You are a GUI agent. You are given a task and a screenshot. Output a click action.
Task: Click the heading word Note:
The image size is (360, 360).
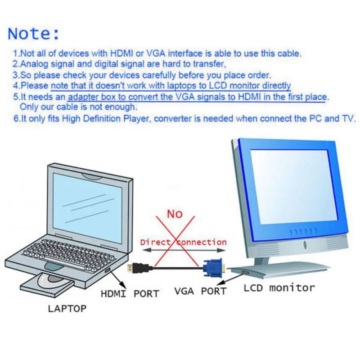tap(34, 33)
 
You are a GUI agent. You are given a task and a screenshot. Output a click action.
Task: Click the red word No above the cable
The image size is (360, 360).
tap(175, 213)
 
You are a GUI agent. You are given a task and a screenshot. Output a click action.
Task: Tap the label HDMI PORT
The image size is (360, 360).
tap(130, 294)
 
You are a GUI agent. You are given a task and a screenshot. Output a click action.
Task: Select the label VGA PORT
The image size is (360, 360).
tap(200, 291)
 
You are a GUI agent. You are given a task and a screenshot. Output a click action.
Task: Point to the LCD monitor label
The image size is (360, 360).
tap(279, 288)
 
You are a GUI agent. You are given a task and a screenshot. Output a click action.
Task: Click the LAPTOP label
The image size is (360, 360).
tap(67, 309)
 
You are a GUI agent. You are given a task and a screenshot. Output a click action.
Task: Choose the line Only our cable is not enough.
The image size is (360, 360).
tap(78, 108)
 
